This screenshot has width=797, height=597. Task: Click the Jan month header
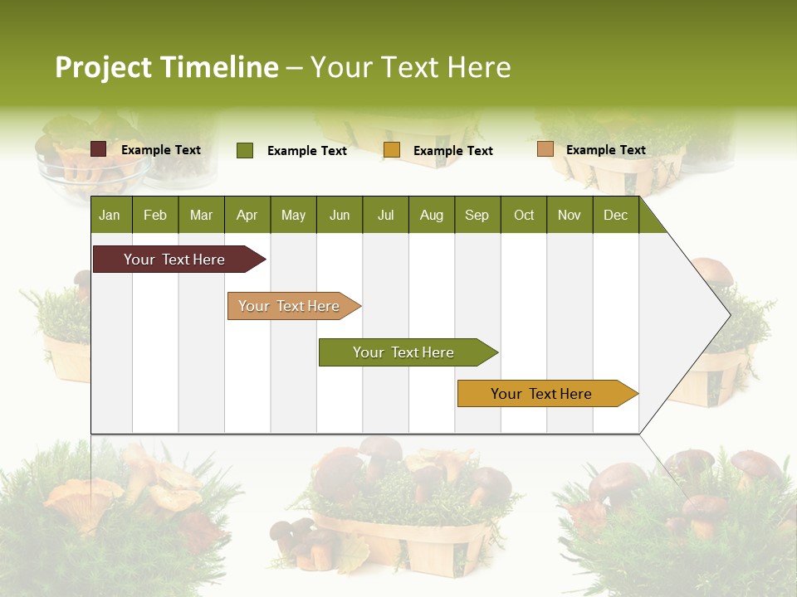pyautogui.click(x=110, y=215)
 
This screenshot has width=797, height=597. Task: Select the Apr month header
pyautogui.click(x=247, y=215)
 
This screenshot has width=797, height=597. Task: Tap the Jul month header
pyautogui.click(x=385, y=215)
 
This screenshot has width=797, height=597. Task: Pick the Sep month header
pyautogui.click(x=477, y=215)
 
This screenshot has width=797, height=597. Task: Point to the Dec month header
pyautogui.click(x=615, y=215)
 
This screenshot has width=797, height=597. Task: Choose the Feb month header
pyautogui.click(x=155, y=215)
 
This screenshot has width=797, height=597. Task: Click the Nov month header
pyautogui.click(x=569, y=215)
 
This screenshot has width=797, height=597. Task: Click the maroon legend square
pyautogui.click(x=99, y=149)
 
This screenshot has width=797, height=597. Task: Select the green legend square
pyautogui.click(x=245, y=150)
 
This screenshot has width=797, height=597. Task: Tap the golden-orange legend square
pyautogui.click(x=392, y=150)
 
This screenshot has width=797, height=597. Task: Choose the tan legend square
pyautogui.click(x=545, y=149)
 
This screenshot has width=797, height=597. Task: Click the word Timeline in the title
pyautogui.click(x=220, y=67)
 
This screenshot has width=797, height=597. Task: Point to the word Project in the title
pyautogui.click(x=104, y=67)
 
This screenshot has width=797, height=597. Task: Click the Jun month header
pyautogui.click(x=340, y=215)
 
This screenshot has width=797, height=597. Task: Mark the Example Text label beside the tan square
pyautogui.click(x=605, y=150)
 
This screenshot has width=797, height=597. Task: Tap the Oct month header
pyautogui.click(x=524, y=215)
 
